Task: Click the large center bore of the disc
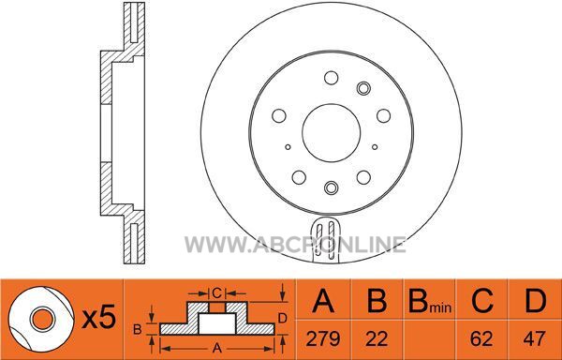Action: [x=332, y=133]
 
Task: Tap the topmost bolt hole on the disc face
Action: [x=332, y=78]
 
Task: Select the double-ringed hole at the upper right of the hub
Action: [x=363, y=88]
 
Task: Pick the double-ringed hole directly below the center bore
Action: [x=332, y=187]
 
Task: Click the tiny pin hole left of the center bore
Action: [x=288, y=147]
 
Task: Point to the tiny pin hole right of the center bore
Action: [x=375, y=147]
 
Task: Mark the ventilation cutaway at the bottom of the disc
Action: [x=326, y=239]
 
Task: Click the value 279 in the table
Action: [x=322, y=338]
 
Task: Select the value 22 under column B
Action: [x=377, y=338]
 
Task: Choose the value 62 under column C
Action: [x=481, y=338]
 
